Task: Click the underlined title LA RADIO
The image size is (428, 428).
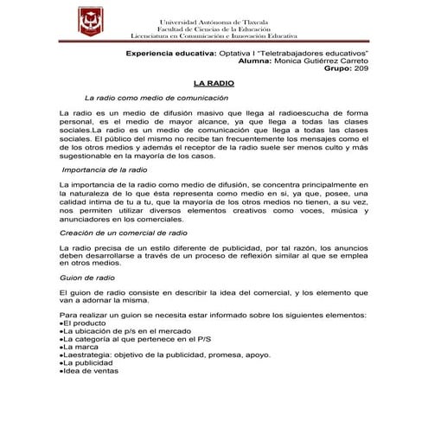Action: pyautogui.click(x=214, y=83)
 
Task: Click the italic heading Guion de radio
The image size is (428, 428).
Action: pyautogui.click(x=87, y=278)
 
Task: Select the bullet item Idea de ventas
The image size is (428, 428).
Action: pyautogui.click(x=91, y=371)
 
